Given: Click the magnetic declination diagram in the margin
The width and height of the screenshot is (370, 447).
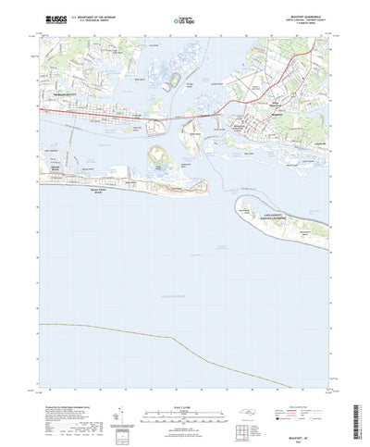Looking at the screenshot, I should point(117,407).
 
